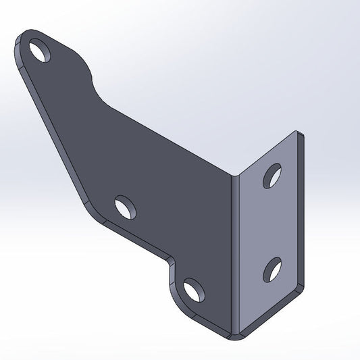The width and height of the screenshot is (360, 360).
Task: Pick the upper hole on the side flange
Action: coord(274,174)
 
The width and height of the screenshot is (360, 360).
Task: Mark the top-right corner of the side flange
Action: coord(301,135)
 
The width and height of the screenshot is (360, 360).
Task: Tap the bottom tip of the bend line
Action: coord(236,335)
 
